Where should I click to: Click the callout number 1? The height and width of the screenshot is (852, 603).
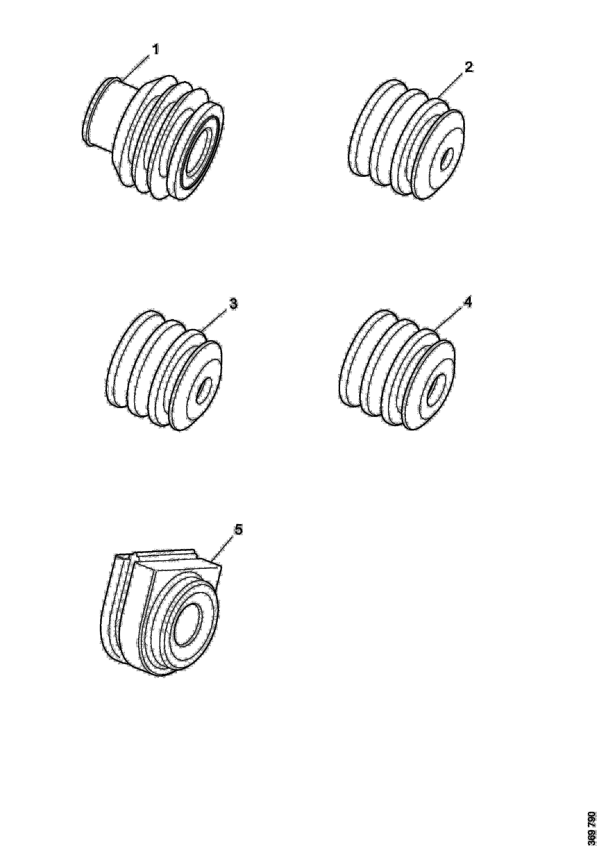point(156,49)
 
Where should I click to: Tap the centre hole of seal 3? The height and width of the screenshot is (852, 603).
point(204,390)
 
